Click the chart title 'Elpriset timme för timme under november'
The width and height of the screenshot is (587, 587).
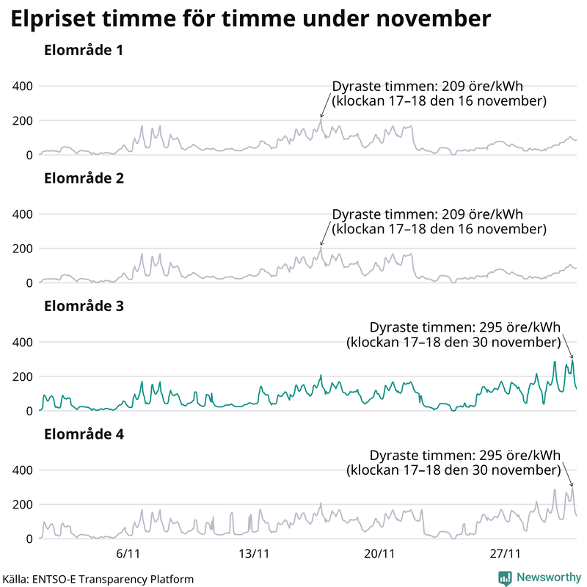(250, 20)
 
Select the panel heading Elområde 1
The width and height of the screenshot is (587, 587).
(83, 51)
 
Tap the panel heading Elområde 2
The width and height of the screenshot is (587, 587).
(83, 178)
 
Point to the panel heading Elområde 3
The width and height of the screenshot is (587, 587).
(83, 306)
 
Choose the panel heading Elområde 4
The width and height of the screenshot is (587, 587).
(83, 434)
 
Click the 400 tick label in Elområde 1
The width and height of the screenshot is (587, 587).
(23, 86)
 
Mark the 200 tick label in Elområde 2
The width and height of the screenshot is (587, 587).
(23, 248)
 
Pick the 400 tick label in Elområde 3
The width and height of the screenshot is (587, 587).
(23, 342)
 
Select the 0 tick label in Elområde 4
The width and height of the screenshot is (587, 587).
(29, 539)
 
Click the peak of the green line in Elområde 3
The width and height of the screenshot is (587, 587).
(572, 360)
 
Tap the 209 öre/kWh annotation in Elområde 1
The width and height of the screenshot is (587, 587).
(439, 92)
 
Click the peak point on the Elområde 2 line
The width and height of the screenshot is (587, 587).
(321, 247)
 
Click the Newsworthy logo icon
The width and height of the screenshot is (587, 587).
(505, 578)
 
